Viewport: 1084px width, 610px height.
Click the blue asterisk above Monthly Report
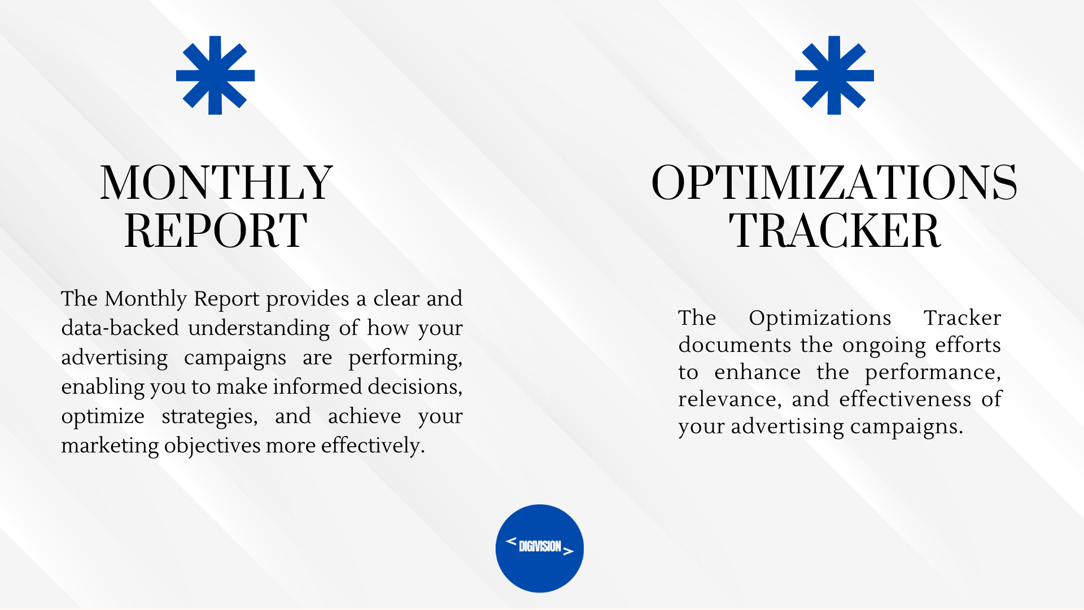pyautogui.click(x=215, y=75)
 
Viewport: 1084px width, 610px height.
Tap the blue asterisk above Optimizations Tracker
pyautogui.click(x=834, y=75)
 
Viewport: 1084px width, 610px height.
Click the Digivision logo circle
pyautogui.click(x=540, y=548)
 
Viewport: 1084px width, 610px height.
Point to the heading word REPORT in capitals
pyautogui.click(x=216, y=230)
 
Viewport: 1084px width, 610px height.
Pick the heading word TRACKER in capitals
pyautogui.click(x=834, y=230)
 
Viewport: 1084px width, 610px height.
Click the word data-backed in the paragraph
pyautogui.click(x=120, y=328)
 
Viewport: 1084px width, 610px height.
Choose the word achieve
pyautogui.click(x=364, y=416)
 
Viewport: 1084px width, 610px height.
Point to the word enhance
pyautogui.click(x=757, y=372)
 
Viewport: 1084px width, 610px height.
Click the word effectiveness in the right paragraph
pyautogui.click(x=905, y=399)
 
